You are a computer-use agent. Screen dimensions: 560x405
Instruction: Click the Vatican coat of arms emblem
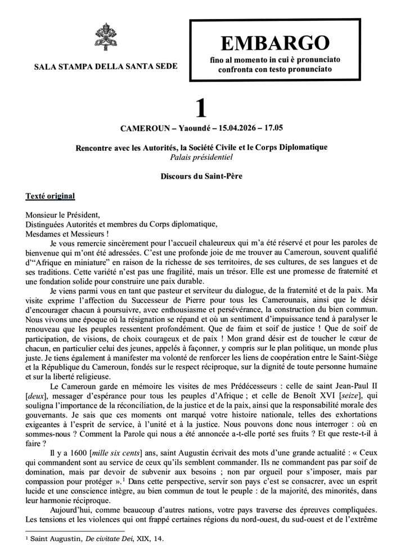[105, 38]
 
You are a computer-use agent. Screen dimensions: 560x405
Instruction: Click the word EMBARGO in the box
[274, 42]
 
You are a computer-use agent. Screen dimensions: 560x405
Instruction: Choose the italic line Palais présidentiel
[201, 157]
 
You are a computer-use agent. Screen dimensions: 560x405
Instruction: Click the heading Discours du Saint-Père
[201, 176]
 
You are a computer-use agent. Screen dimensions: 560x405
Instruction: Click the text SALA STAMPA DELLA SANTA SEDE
[105, 66]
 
